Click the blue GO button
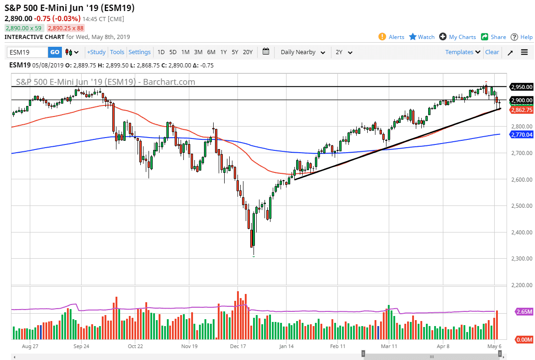55,52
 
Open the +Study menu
96,52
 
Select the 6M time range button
211,52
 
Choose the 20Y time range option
248,52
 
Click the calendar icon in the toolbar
266,52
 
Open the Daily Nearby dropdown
303,52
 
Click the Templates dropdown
463,52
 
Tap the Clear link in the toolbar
492,52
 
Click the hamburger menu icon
524,52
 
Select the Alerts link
392,37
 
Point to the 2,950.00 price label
521,87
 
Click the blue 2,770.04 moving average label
521,134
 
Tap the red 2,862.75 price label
521,110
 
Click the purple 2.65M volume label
523,312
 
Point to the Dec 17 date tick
238,346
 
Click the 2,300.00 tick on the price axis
521,259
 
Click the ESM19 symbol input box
28,52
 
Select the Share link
494,37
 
